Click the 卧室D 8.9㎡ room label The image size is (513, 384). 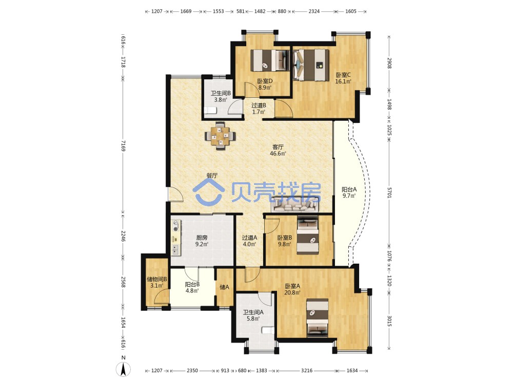265,84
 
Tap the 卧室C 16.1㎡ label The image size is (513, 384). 343,78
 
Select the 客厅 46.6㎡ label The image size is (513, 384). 278,150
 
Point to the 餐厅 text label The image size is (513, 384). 212,175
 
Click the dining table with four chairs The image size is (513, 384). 220,136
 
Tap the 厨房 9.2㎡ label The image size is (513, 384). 202,241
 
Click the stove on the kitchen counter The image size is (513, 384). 176,226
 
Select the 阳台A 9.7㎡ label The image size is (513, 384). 349,193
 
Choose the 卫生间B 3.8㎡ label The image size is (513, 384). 220,96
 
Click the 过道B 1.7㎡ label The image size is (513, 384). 259,109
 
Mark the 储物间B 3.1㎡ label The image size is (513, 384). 156,283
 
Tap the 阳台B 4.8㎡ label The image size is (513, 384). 192,288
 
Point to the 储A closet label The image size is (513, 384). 225,287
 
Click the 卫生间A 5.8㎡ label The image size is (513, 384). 253,315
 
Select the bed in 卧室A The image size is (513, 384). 318,318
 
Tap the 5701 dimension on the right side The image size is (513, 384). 389,193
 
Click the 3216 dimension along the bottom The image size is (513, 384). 307,371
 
